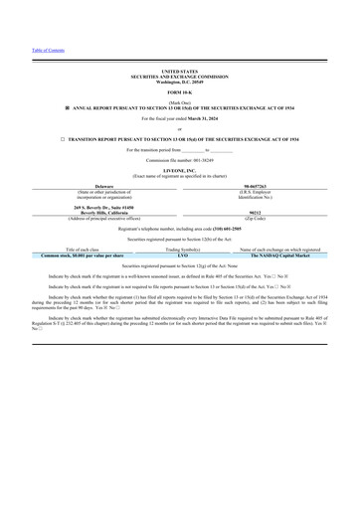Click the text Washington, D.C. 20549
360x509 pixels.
click(x=179, y=83)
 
